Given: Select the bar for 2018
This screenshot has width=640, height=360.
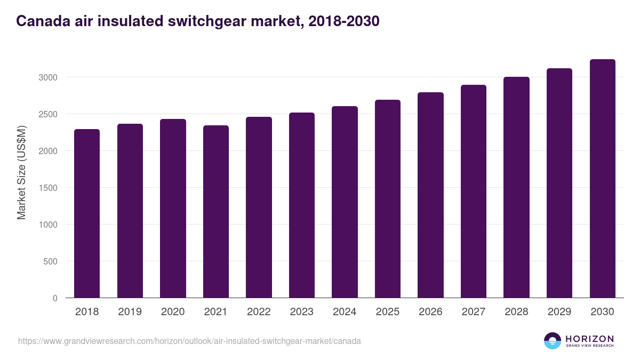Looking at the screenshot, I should [87, 213].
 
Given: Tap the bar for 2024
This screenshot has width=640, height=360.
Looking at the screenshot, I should [345, 202].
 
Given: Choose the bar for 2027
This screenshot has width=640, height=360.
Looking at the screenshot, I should [474, 191].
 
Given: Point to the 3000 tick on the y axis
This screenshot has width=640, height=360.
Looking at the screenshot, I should [47, 77].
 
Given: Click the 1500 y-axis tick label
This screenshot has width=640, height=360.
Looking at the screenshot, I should [47, 188].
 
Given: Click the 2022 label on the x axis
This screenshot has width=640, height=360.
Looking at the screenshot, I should [259, 312].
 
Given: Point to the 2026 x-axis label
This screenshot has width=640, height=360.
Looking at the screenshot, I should [430, 312].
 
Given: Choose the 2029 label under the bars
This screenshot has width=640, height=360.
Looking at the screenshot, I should [559, 312].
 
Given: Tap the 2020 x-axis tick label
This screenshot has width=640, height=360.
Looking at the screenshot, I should [173, 312].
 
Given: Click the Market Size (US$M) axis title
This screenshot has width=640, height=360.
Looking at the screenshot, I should [21, 172].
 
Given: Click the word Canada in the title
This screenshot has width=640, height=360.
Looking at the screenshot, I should [40, 21].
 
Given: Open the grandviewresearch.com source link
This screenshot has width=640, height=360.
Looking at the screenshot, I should [189, 341].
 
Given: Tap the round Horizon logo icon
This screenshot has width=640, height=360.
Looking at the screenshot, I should [553, 341].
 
